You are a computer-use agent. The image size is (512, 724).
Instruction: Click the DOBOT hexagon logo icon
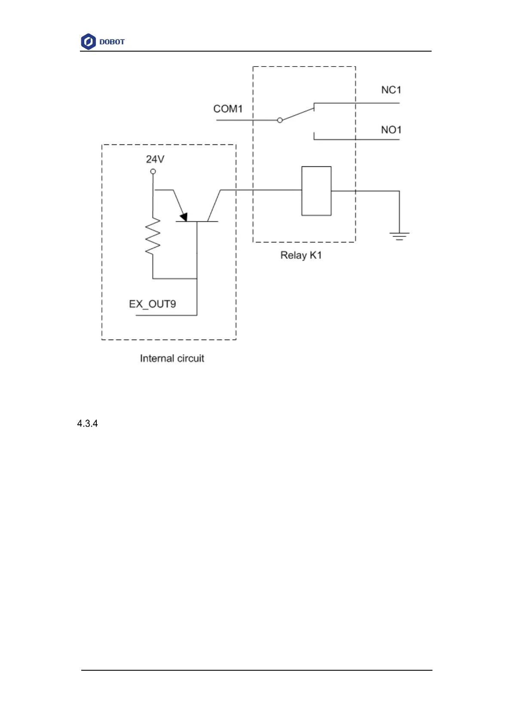88,42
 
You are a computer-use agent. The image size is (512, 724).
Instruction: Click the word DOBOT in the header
112,42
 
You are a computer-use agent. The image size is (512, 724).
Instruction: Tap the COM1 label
228,109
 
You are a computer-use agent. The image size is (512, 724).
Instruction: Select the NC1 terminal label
391,90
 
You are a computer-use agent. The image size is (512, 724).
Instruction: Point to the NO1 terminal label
391,130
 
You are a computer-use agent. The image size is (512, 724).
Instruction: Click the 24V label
155,160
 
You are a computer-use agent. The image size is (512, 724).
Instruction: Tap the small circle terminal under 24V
153,172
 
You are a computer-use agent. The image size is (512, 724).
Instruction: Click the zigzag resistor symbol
153,236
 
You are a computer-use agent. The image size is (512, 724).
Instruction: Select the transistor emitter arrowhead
184,217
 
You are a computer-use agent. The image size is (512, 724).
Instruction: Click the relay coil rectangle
316,191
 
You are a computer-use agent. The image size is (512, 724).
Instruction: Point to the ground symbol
399,236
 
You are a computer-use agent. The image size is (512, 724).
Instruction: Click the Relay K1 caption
301,255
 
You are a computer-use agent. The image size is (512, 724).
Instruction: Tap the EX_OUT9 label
152,304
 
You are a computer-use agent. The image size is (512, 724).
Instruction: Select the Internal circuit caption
172,359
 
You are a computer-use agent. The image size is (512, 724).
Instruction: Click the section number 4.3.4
87,424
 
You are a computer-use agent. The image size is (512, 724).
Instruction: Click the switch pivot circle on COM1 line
280,120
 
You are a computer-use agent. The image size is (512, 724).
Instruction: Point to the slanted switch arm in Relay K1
297,114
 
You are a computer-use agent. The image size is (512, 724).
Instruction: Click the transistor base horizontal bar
197,222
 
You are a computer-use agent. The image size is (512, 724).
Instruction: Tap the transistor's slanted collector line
214,206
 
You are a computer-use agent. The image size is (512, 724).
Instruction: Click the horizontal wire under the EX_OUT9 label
166,316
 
